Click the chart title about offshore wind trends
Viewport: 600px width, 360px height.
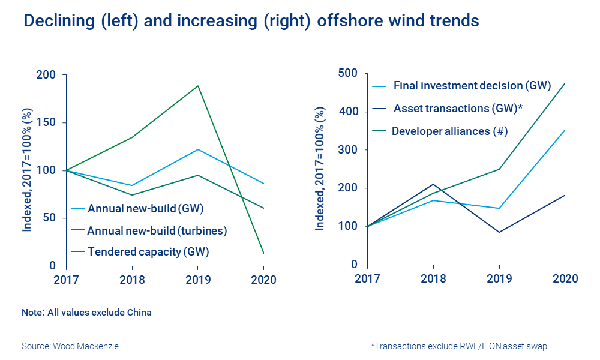click(251, 21)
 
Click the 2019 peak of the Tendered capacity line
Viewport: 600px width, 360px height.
click(198, 86)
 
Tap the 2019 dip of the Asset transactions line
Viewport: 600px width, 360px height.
click(499, 232)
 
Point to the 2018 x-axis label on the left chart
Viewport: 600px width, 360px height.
click(132, 280)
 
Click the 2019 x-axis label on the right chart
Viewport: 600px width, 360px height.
click(499, 279)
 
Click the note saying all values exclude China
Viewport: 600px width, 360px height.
click(86, 313)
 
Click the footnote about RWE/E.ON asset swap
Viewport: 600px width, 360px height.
click(459, 346)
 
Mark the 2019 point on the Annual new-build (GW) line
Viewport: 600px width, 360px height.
click(198, 149)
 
